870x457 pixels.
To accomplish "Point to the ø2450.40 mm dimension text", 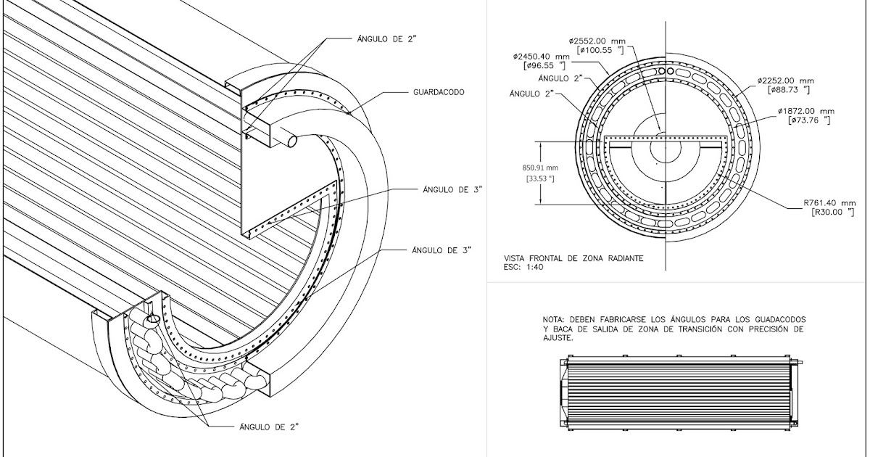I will (542, 56).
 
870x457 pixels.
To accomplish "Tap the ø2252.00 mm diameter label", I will (786, 81).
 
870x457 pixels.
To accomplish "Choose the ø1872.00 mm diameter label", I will (806, 111).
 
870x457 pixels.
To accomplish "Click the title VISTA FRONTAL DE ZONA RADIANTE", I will (573, 258).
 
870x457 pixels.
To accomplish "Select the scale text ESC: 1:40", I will (523, 267).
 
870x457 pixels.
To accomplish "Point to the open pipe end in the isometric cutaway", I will (292, 141).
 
